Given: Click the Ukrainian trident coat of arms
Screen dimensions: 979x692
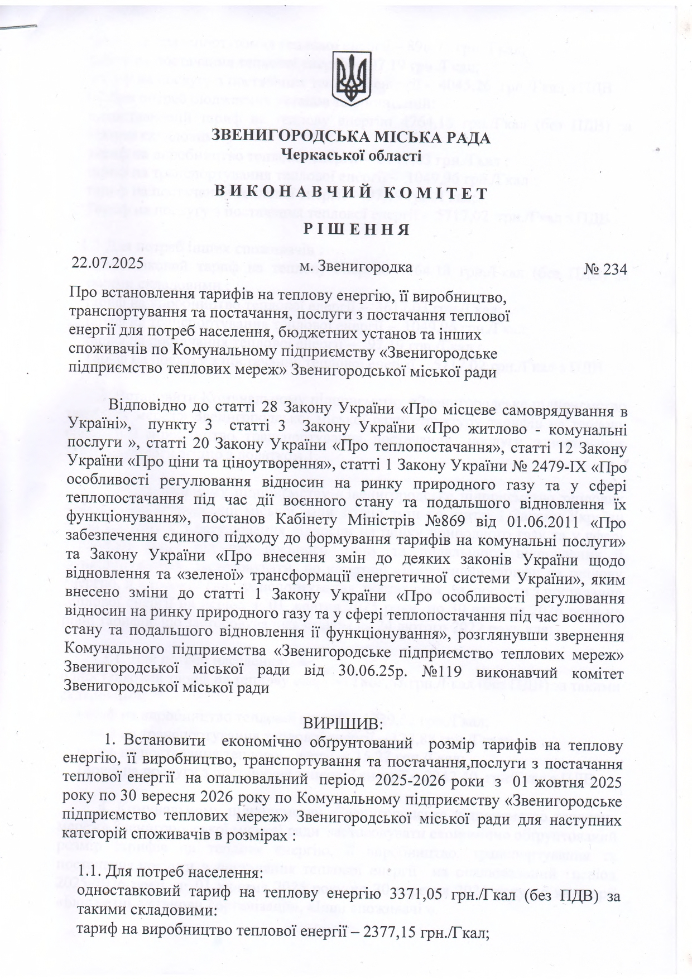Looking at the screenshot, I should (351, 79).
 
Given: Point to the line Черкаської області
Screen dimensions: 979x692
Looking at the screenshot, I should (351, 155).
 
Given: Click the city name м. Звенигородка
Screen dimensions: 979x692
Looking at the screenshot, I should (356, 266).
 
